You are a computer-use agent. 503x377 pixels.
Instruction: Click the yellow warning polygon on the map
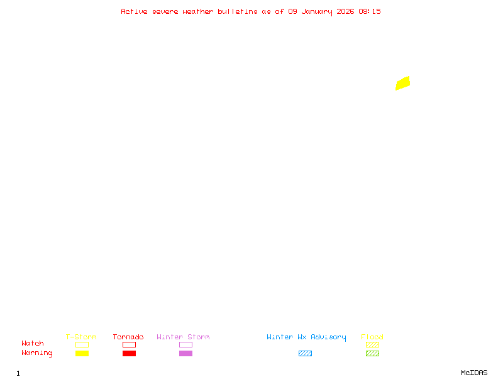click(x=402, y=84)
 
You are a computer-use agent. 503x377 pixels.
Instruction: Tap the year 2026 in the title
click(x=345, y=11)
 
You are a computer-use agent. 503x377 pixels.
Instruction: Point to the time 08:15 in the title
click(x=370, y=11)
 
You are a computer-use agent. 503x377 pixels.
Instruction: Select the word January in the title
click(x=317, y=12)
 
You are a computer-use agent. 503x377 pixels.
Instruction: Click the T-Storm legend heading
click(x=81, y=337)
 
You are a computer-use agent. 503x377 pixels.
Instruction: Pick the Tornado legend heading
click(x=128, y=337)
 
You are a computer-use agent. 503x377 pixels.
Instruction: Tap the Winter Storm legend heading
click(x=183, y=337)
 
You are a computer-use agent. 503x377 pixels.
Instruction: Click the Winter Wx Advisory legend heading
click(x=306, y=337)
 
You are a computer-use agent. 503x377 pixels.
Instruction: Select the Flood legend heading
click(x=372, y=337)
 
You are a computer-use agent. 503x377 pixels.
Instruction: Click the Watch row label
click(x=33, y=343)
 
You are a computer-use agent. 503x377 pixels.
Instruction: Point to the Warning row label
click(x=37, y=353)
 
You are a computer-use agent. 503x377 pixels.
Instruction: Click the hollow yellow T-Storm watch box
click(x=82, y=344)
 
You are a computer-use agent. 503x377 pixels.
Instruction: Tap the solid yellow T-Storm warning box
click(x=82, y=353)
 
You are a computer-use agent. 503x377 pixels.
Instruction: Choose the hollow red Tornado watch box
click(x=130, y=344)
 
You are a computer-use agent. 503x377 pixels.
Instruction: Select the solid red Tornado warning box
click(x=130, y=353)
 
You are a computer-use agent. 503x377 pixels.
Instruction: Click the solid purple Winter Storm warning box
click(x=185, y=353)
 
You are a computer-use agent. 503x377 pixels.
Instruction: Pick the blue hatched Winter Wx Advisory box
click(x=305, y=353)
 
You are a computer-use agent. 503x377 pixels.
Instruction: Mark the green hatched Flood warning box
click(x=372, y=353)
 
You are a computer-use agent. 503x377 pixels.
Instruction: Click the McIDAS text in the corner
click(x=474, y=373)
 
